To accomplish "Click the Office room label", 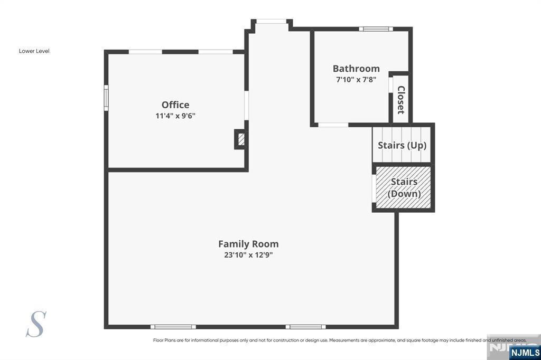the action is point(175,105).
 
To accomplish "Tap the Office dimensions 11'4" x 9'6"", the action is point(175,116).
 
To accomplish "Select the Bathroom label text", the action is point(356,68).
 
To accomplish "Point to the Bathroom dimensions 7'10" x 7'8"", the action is point(356,80).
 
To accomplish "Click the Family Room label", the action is point(248,244).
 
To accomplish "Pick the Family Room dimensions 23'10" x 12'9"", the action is point(248,255).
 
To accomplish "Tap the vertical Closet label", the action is point(401,100).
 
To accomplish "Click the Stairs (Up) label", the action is point(402,145).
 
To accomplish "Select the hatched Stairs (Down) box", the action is point(403,187).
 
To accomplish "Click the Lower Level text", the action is point(34,51).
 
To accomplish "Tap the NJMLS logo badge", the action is point(525,353).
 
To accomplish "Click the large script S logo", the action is point(36,324).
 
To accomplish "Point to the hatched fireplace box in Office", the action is point(241,139).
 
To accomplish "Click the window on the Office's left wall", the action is point(106,98).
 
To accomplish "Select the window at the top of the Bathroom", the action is point(376,29).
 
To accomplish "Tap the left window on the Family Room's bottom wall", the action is point(173,327).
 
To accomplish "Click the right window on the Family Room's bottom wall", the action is point(306,327).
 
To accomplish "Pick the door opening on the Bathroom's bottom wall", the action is point(333,125).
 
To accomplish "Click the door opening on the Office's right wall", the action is point(246,105).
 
